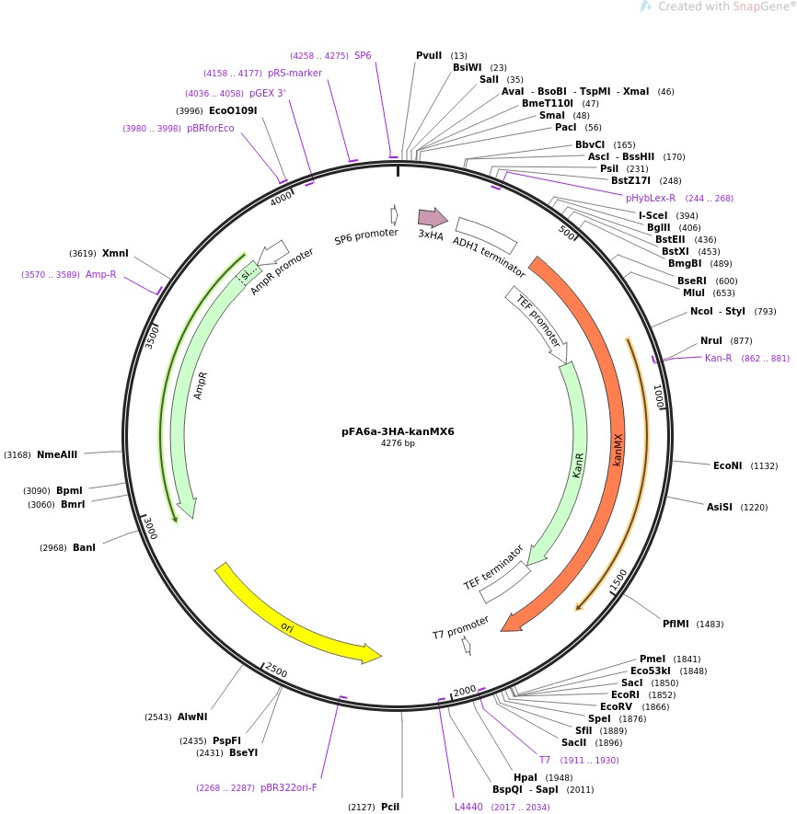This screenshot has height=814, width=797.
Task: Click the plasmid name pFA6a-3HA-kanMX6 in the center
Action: pos(398,431)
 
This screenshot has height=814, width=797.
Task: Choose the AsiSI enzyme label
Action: pos(723,507)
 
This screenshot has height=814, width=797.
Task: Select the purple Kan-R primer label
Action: pos(718,358)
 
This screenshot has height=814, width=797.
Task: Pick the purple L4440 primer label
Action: pos(468,807)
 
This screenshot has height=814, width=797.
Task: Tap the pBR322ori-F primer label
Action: pos(288,787)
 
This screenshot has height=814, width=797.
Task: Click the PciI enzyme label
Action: pos(390,807)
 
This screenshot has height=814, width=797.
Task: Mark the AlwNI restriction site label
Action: pos(192,717)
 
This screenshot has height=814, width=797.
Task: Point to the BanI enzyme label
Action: pos(84,548)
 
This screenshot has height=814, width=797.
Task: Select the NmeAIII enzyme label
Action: pos(57,454)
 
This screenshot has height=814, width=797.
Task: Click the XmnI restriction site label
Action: pos(115,253)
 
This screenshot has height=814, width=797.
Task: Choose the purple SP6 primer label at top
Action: pos(363,55)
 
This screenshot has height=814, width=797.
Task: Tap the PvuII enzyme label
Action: pos(429,55)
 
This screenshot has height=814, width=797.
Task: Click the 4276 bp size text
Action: pos(398,443)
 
